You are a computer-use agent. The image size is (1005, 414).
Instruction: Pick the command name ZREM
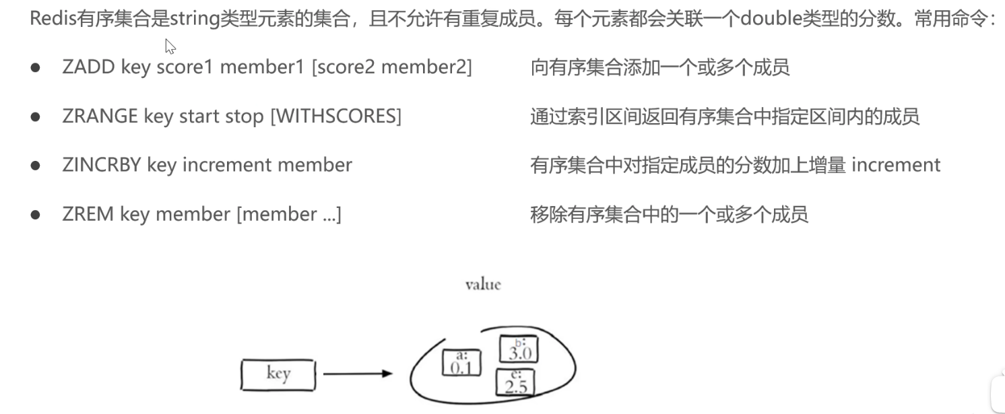tap(88, 214)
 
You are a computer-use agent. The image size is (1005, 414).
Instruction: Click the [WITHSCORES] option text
tap(335, 116)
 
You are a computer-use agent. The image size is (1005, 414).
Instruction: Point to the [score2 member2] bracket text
tap(391, 68)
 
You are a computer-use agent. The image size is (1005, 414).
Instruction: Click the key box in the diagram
tap(278, 375)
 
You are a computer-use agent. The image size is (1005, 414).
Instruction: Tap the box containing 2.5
tap(515, 382)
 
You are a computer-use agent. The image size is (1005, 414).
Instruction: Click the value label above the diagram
tap(483, 285)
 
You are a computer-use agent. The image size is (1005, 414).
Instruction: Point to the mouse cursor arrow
tap(170, 46)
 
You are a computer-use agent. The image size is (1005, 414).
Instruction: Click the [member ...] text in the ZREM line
tap(290, 214)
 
